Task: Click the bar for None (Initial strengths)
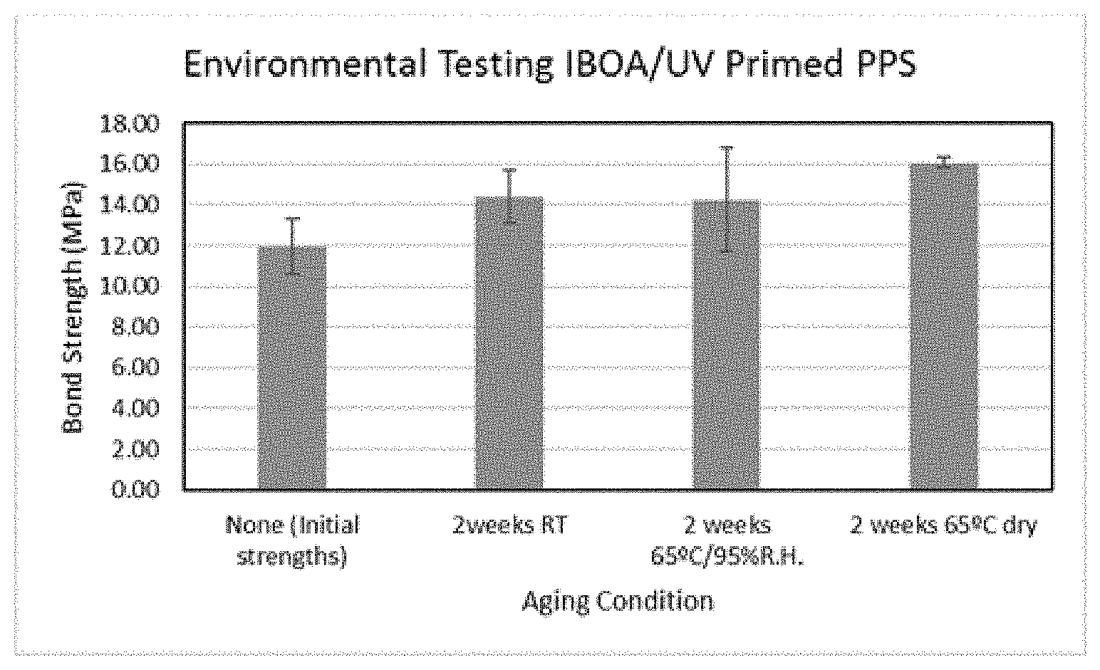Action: point(292,367)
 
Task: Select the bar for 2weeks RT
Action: point(509,342)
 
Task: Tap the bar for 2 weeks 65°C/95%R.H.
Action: point(727,345)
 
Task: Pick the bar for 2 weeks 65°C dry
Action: point(944,326)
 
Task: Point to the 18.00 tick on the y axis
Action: point(130,124)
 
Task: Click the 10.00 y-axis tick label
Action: point(130,286)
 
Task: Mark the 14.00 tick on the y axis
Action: point(130,204)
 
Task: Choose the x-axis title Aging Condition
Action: point(618,602)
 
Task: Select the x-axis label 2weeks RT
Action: point(509,525)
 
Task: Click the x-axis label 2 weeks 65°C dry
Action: point(943,525)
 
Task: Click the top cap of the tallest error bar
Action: point(727,147)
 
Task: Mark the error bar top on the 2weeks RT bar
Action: point(509,170)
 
